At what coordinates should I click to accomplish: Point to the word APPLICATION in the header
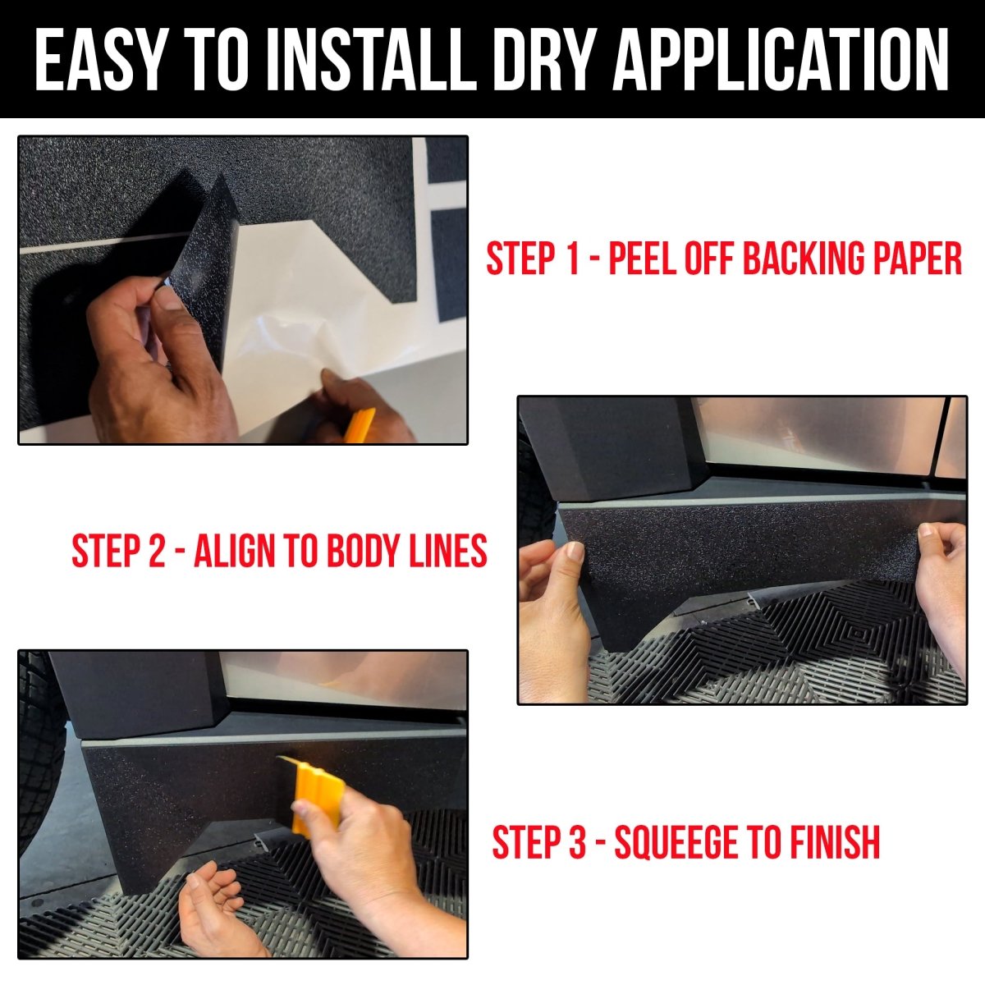pyautogui.click(x=781, y=59)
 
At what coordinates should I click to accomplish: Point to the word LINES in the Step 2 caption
pyautogui.click(x=448, y=551)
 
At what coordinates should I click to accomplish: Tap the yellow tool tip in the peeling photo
pyautogui.click(x=360, y=425)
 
